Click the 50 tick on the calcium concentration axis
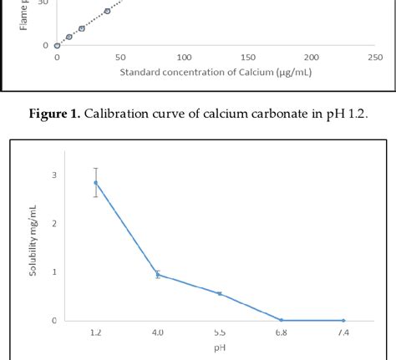pyautogui.click(x=120, y=58)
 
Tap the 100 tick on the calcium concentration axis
pyautogui.click(x=185, y=58)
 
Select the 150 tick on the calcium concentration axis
pyautogui.click(x=248, y=58)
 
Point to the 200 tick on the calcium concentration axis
pyautogui.click(x=312, y=58)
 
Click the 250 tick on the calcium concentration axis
pyautogui.click(x=375, y=58)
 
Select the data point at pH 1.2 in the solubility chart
pyautogui.click(x=96, y=182)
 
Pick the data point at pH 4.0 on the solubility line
pyautogui.click(x=158, y=274)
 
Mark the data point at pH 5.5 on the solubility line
pyautogui.click(x=220, y=293)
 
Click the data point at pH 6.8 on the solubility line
pyautogui.click(x=282, y=320)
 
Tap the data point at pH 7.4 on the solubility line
pyautogui.click(x=343, y=320)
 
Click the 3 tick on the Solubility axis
pyautogui.click(x=54, y=175)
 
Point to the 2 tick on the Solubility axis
pyautogui.click(x=54, y=224)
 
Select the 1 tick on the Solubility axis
pyautogui.click(x=54, y=272)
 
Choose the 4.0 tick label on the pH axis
pyautogui.click(x=158, y=332)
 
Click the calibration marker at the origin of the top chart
pyautogui.click(x=57, y=45)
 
